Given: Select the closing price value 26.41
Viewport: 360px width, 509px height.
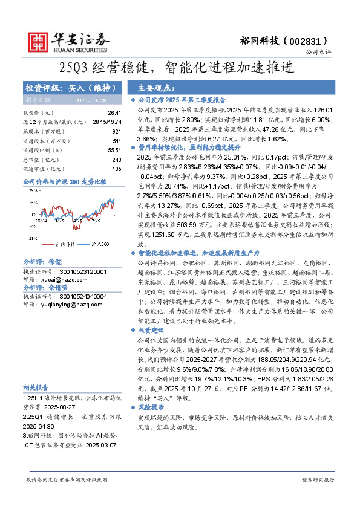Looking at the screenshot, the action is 114,113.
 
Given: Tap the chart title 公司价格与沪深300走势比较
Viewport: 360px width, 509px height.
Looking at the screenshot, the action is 64,181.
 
